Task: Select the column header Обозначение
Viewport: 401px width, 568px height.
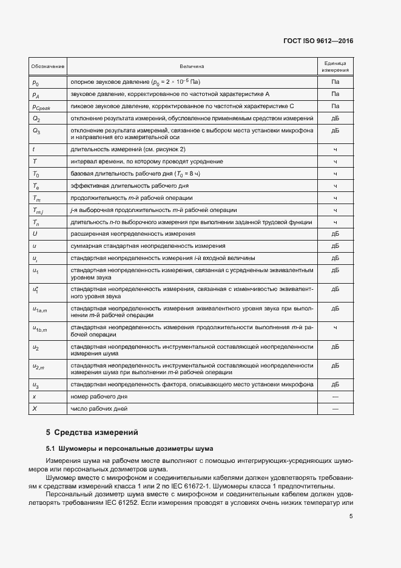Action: pos(49,66)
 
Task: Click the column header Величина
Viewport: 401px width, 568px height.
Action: pos(192,66)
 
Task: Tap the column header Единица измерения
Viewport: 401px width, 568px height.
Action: pos(335,66)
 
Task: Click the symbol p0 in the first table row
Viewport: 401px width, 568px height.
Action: pos(35,82)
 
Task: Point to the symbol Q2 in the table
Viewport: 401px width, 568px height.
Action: pos(36,118)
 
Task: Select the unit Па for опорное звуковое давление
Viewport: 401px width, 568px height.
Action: pos(335,82)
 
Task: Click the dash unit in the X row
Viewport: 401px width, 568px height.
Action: pos(335,409)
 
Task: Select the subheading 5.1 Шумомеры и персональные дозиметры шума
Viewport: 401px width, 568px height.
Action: pos(121,448)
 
